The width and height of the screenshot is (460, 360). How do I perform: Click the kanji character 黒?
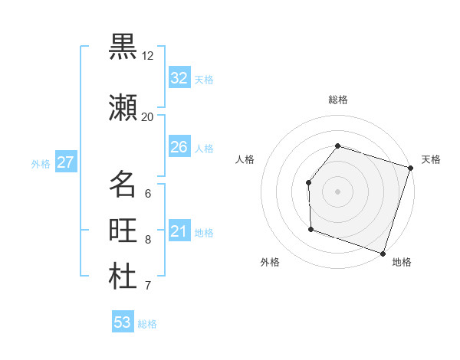click(123, 47)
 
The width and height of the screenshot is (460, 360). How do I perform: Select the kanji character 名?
click(123, 185)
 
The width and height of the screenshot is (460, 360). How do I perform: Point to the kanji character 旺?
click(123, 231)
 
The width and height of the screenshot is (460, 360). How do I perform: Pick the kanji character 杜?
click(123, 277)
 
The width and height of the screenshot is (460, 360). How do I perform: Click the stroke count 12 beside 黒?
click(147, 56)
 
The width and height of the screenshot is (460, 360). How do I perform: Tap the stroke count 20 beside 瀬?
click(147, 116)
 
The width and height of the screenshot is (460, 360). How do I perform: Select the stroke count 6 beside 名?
click(147, 194)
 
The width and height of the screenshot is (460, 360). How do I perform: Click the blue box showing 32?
click(179, 77)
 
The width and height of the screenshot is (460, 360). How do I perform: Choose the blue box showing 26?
click(179, 146)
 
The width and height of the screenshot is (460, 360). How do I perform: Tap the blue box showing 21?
click(179, 231)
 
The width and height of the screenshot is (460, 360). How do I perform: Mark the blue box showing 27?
click(65, 162)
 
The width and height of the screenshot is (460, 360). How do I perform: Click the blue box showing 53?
click(122, 322)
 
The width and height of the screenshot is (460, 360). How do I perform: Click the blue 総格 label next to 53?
click(147, 324)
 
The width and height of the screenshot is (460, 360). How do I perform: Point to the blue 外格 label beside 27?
click(41, 163)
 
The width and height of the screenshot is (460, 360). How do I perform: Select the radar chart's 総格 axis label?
click(337, 100)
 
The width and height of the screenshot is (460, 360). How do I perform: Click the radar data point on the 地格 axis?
click(383, 253)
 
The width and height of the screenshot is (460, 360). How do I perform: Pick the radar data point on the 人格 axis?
click(308, 182)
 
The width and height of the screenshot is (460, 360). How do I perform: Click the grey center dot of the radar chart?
click(337, 191)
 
